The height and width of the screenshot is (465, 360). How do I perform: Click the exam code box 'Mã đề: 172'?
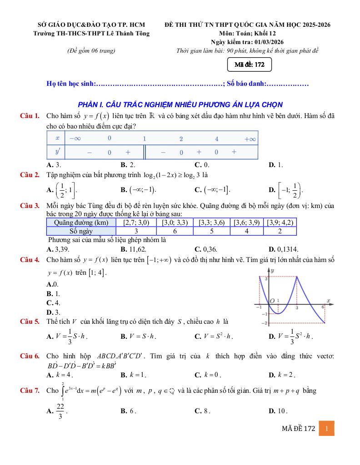pyautogui.click(x=250, y=65)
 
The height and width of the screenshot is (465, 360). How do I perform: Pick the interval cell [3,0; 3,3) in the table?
pyautogui.click(x=175, y=223)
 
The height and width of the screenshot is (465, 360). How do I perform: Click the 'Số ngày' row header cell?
pyautogui.click(x=81, y=231)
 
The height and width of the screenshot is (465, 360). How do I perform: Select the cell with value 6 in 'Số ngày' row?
pyautogui.click(x=175, y=231)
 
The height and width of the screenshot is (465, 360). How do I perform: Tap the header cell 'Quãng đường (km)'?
pyautogui.click(x=81, y=223)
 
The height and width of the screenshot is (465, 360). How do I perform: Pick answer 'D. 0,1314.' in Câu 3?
pyautogui.click(x=283, y=249)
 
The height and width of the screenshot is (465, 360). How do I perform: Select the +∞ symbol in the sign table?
pyautogui.click(x=250, y=139)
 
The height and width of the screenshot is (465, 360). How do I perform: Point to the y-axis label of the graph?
pyautogui.click(x=272, y=271)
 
